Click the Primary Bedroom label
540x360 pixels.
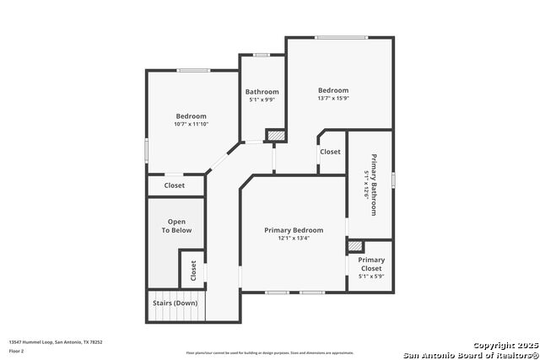(x=293, y=230)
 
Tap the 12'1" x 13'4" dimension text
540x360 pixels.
(x=293, y=239)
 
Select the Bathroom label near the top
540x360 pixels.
(x=262, y=92)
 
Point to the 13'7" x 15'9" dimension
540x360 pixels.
(x=332, y=99)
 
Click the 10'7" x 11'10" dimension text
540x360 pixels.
(x=191, y=125)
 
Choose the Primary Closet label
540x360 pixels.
(x=371, y=264)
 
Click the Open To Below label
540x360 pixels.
(x=177, y=226)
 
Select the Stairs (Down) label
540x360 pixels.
(x=175, y=303)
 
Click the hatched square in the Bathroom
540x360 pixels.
(x=275, y=134)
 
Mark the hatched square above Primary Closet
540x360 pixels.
(x=355, y=245)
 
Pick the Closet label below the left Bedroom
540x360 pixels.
(x=175, y=185)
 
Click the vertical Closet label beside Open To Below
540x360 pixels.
(x=192, y=271)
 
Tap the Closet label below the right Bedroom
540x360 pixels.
(x=330, y=153)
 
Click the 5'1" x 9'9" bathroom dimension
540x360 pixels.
(x=262, y=100)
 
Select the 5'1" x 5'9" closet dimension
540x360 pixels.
(x=371, y=277)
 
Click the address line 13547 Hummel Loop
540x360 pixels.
(x=56, y=341)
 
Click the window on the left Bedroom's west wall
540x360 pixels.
(x=147, y=151)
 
